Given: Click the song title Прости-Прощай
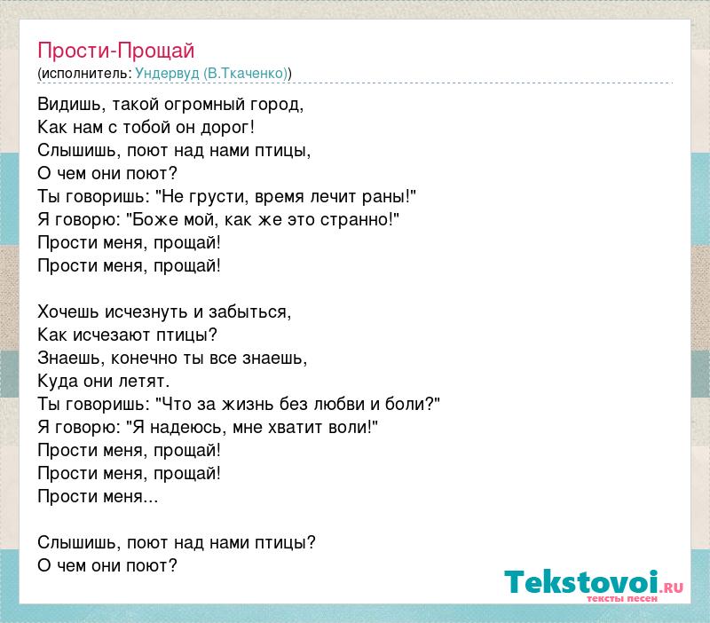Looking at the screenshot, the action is coord(116,51).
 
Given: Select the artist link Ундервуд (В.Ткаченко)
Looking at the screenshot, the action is coord(211,74).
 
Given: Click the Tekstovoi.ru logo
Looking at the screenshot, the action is coord(594,583).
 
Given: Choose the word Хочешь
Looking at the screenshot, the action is coord(68,312).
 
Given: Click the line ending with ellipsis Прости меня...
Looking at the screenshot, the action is coord(98,497).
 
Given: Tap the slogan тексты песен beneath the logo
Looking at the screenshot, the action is coord(622,599).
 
